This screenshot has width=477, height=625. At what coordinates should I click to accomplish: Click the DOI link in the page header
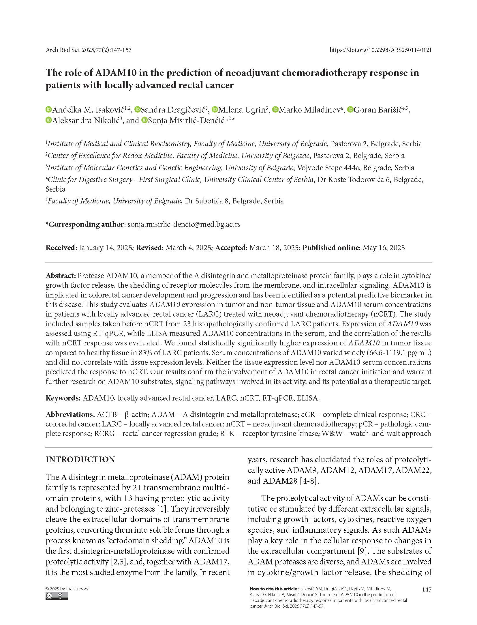coord(380,50)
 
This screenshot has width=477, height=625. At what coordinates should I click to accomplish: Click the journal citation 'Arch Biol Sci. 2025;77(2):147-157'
coord(88,50)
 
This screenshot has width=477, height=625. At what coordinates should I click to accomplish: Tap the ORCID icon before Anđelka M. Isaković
coord(48,110)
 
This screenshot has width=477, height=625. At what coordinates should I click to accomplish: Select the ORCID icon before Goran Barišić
coord(350,110)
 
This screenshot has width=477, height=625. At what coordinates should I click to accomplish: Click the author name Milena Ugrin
coord(242,110)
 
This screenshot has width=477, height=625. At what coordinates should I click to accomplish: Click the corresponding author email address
coord(184,224)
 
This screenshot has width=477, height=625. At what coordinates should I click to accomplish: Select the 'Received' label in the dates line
coord(60,248)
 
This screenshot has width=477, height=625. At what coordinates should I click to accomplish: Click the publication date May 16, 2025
coord(384,248)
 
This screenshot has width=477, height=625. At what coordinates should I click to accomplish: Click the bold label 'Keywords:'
coord(63,398)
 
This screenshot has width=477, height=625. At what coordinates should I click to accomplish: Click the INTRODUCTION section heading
coord(80,460)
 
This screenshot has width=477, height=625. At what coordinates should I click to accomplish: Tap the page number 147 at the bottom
coord(427,590)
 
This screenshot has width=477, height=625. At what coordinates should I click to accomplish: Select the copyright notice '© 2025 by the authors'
coord(67,589)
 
